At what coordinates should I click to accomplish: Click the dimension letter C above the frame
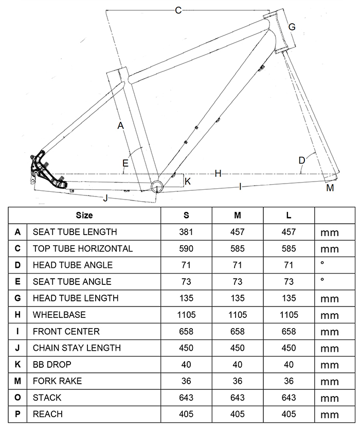point(178,10)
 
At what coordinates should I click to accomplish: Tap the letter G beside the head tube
point(292,27)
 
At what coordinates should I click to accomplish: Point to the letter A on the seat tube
point(120,125)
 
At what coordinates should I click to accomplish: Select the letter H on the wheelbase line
point(218,174)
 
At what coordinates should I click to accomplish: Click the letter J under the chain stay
point(106,197)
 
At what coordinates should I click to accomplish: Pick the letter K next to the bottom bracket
point(188,181)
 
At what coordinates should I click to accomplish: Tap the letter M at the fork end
point(330,188)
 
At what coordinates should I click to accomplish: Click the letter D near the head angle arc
point(302,160)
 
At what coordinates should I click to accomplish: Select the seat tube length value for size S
point(186,232)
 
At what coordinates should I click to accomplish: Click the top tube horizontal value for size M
point(238,248)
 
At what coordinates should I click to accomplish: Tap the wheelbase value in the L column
point(289,314)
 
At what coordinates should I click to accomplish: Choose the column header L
point(289,215)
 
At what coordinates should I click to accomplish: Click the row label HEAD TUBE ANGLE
point(73,265)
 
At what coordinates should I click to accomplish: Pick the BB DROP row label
point(52,364)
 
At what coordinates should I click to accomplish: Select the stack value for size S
point(186,397)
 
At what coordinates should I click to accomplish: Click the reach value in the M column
point(238,414)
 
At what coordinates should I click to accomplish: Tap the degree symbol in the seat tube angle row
point(322,280)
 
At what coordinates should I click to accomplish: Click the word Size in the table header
point(84,215)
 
